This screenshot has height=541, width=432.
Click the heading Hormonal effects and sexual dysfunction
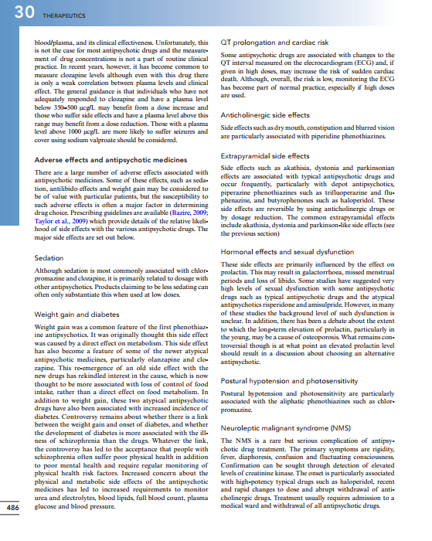tap(287, 252)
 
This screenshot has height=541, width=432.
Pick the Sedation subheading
tap(49, 257)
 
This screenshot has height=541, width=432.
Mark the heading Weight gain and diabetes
tap(82, 315)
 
